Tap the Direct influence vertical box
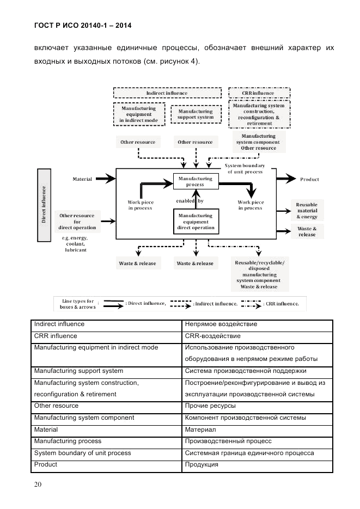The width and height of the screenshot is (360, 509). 45,205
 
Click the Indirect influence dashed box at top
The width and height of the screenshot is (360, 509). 167,93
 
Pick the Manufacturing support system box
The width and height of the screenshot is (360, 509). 195,114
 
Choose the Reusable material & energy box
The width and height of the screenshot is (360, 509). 307,210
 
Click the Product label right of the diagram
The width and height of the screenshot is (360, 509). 309,179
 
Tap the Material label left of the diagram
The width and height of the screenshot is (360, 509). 82,179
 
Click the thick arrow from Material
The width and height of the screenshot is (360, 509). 108,178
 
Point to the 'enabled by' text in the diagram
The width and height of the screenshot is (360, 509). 189,201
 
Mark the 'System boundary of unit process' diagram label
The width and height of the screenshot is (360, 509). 245,168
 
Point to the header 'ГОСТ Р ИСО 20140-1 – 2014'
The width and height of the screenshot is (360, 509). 82,26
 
